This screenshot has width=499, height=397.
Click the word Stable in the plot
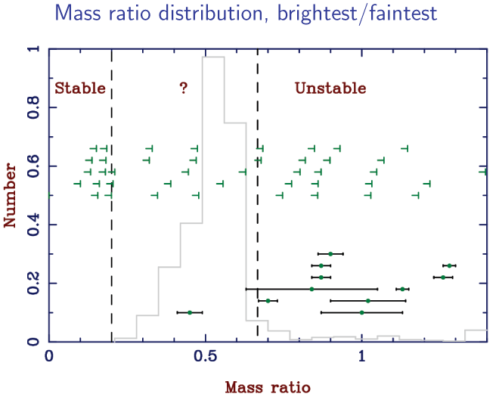pos(80,88)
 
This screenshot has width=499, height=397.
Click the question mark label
pos(183,88)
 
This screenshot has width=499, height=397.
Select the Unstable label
pos(330,88)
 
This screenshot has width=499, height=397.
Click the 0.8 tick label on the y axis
pos(32,107)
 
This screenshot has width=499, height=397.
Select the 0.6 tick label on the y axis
pos(32,166)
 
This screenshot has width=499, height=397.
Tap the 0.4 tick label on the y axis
pos(32,225)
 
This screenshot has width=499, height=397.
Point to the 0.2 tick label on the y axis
pos(32,284)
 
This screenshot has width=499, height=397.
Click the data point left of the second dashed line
pos(190,312)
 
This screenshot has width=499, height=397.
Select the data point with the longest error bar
pos(311,289)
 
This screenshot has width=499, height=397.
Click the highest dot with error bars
pos(330,253)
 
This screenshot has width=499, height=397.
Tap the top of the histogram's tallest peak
pos(212,57)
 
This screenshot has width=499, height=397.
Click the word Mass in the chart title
pos(95,14)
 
